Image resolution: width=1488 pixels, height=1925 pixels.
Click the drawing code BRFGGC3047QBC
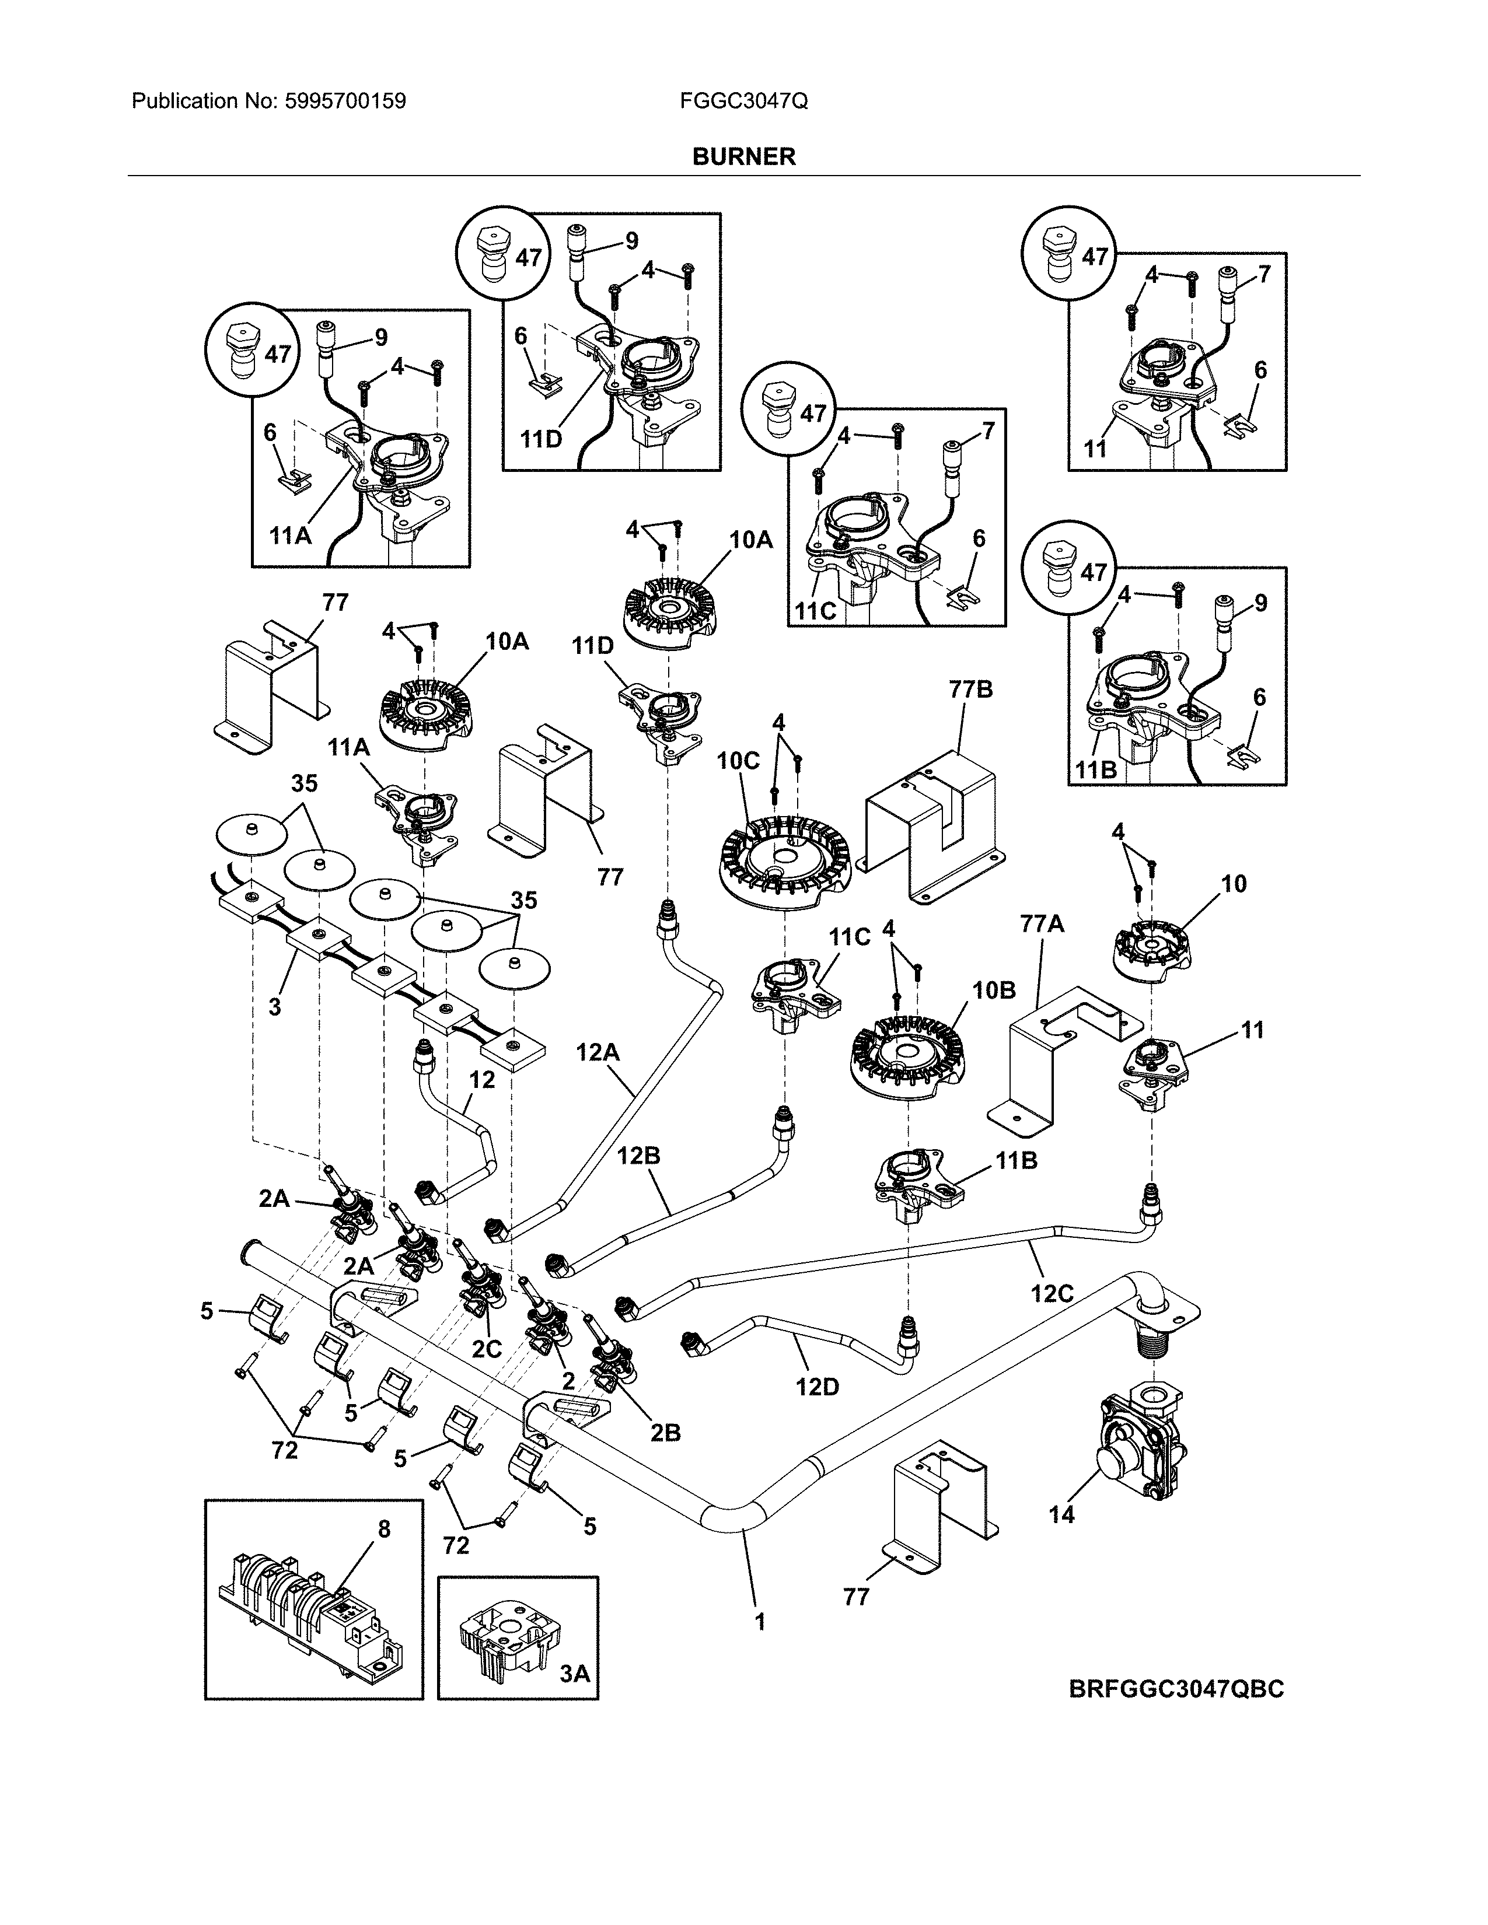point(1176,1689)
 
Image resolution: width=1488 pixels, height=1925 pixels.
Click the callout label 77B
point(970,689)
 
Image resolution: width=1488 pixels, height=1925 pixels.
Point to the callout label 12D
point(816,1387)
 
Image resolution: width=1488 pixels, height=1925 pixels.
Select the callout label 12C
point(1052,1293)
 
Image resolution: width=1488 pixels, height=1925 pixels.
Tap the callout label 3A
point(575,1673)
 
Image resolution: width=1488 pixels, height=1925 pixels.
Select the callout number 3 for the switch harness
point(275,1006)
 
